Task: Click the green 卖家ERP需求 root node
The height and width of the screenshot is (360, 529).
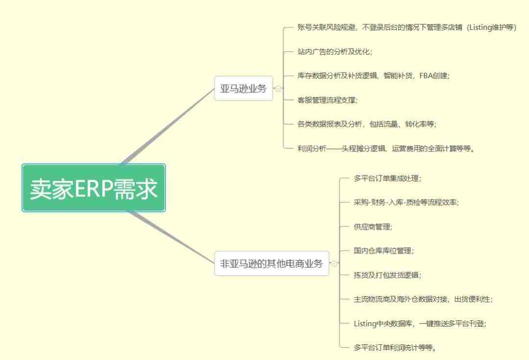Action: pos(94,188)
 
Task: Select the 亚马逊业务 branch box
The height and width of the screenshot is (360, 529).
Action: pos(243,88)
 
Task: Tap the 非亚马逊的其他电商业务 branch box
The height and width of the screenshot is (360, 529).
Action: pos(271,263)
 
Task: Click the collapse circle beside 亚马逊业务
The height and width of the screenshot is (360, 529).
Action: pos(278,88)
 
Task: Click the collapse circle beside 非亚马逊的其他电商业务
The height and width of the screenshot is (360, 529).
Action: pos(334,263)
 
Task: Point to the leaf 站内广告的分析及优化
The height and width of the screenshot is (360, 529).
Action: pos(335,51)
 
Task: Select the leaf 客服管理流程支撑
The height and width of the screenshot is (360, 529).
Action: pos(327,100)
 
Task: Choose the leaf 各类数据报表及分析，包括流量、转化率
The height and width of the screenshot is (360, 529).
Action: pos(367,124)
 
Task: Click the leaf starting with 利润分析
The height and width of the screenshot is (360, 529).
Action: pos(386,148)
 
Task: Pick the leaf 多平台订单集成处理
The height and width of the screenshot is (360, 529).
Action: pos(387,178)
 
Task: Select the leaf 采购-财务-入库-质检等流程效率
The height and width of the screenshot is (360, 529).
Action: pos(406,202)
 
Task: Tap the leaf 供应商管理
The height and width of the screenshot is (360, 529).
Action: pos(373,226)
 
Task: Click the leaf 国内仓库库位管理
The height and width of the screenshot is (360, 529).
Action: pos(384,251)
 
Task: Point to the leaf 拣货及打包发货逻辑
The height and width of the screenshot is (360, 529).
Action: pos(387,275)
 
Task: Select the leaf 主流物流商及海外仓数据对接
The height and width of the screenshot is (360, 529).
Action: pos(423,299)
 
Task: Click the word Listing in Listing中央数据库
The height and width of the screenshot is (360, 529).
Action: pos(365,324)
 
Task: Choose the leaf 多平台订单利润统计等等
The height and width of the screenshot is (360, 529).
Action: pos(395,347)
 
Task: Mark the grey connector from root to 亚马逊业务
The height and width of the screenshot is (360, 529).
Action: pos(168,126)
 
